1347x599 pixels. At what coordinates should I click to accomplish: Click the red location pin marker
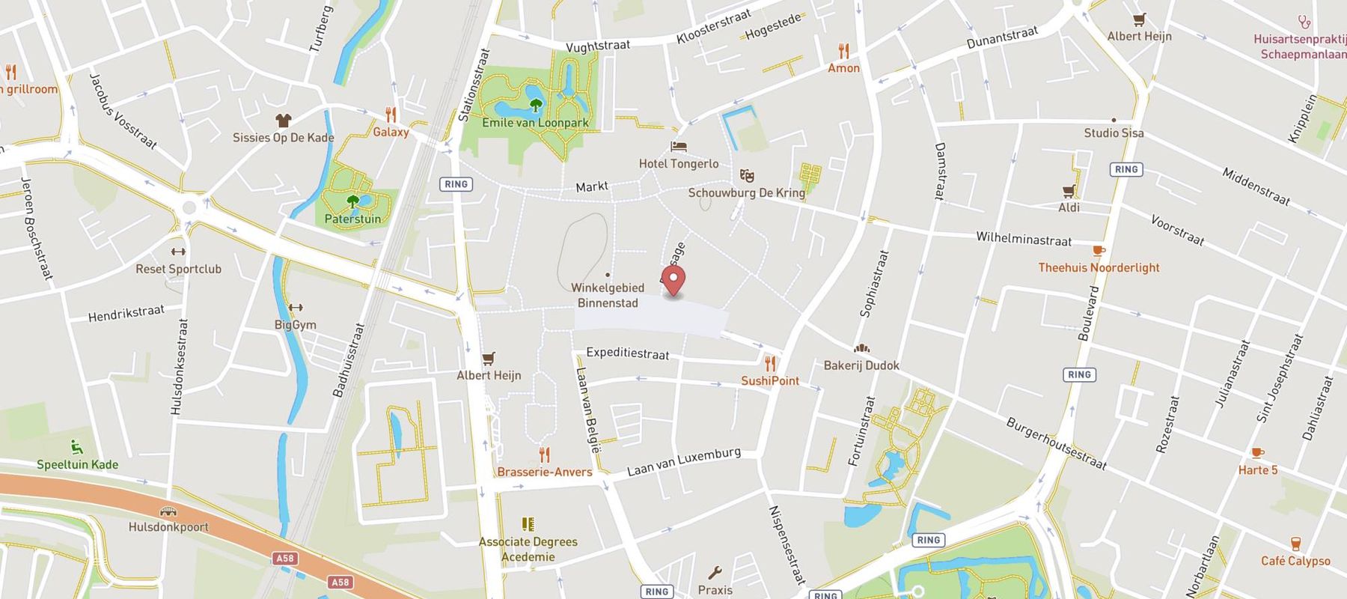click(x=674, y=281)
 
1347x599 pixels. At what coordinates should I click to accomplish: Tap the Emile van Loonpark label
click(x=535, y=123)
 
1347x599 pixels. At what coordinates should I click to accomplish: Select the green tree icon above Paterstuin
click(x=352, y=201)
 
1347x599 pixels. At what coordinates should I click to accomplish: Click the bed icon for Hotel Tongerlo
click(x=679, y=147)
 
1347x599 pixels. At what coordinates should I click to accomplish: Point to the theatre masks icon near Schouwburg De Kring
click(x=746, y=176)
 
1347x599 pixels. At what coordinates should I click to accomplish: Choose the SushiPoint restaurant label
click(x=770, y=380)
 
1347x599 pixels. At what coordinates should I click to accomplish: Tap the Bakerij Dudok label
click(x=861, y=365)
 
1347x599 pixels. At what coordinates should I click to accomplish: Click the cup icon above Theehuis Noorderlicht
click(x=1099, y=251)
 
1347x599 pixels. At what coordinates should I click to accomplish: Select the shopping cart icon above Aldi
click(x=1069, y=191)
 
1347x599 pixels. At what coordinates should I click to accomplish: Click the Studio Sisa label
click(x=1114, y=133)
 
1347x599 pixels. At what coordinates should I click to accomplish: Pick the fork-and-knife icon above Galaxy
click(x=391, y=115)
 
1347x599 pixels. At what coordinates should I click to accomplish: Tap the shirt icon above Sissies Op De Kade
click(x=283, y=121)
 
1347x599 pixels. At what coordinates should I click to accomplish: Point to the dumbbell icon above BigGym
click(x=296, y=308)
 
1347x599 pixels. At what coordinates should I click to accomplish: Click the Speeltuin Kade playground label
click(x=78, y=464)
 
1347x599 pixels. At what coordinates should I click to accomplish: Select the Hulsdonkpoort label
click(x=168, y=526)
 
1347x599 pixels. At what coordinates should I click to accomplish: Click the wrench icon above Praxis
click(x=715, y=573)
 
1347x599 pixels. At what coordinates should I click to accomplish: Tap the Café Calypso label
click(x=1295, y=561)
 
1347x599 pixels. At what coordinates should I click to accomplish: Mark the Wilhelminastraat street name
click(x=1024, y=239)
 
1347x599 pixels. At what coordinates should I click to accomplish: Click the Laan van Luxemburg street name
click(x=684, y=461)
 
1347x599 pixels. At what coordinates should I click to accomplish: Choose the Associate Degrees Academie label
click(x=528, y=549)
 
